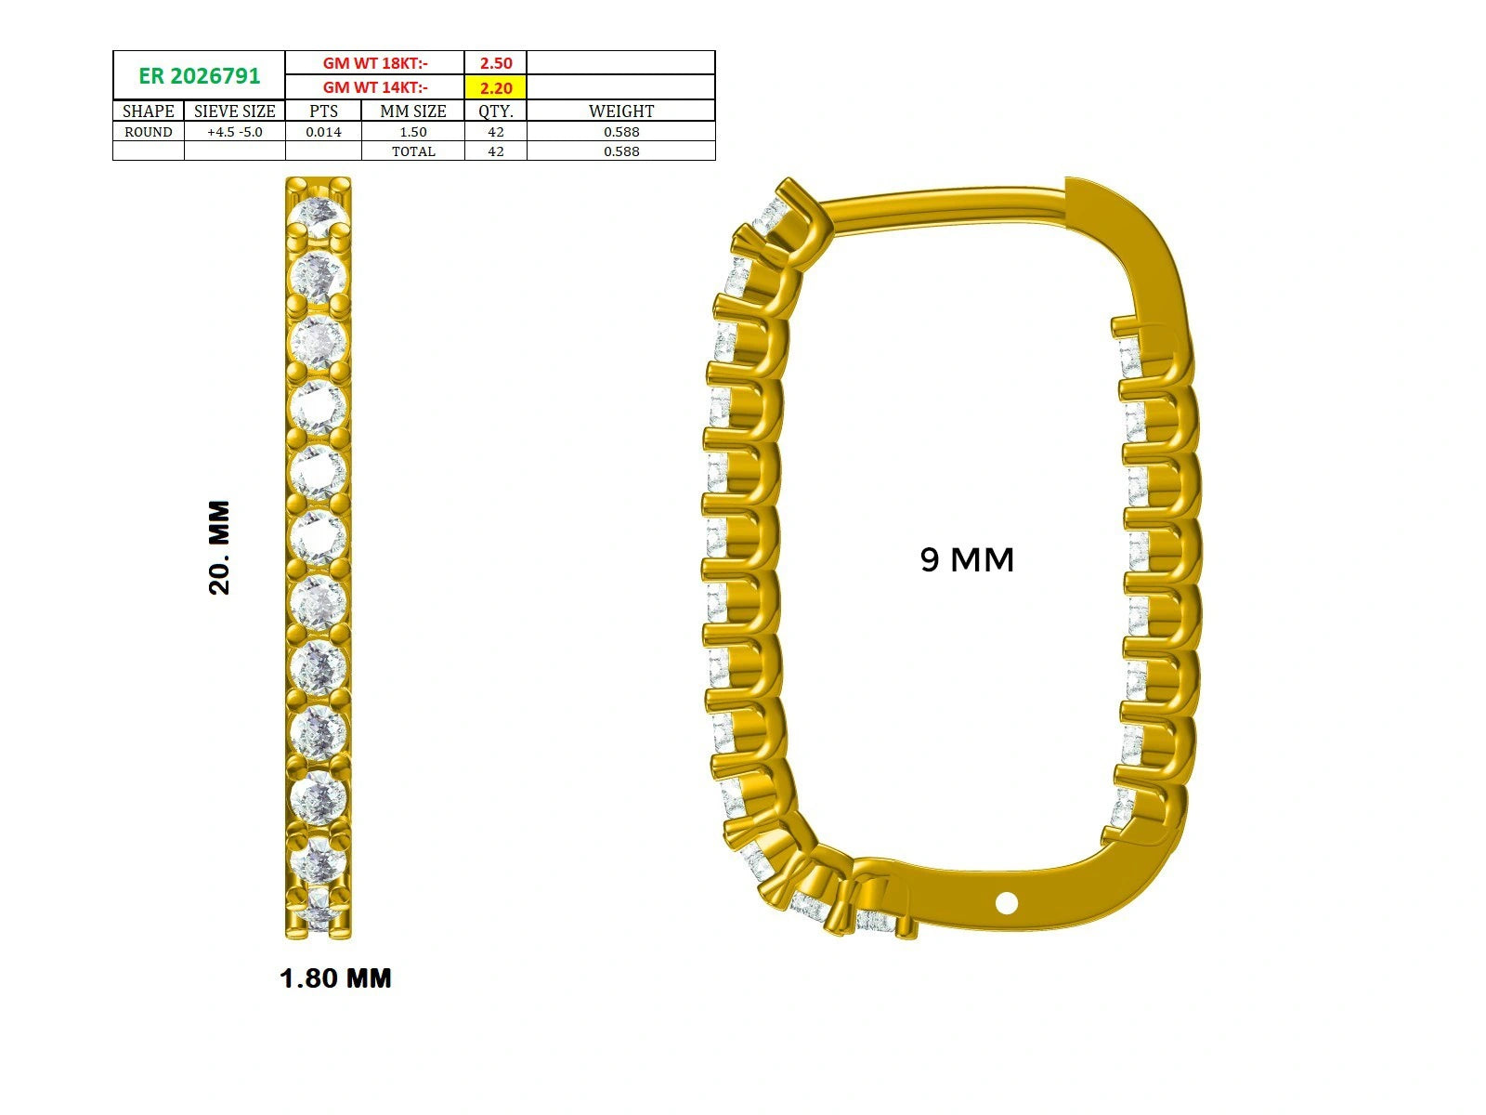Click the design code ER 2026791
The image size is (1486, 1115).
point(199,76)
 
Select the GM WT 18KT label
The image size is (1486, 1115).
point(375,63)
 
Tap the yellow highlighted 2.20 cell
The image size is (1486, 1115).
point(496,87)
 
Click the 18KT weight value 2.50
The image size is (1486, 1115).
point(496,63)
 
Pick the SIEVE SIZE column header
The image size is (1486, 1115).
point(234,111)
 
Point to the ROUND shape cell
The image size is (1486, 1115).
point(149,132)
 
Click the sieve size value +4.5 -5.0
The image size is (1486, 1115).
point(234,132)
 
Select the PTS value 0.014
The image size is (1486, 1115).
point(323,132)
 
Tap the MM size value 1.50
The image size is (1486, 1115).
point(413,132)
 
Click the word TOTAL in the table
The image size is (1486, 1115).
point(413,151)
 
